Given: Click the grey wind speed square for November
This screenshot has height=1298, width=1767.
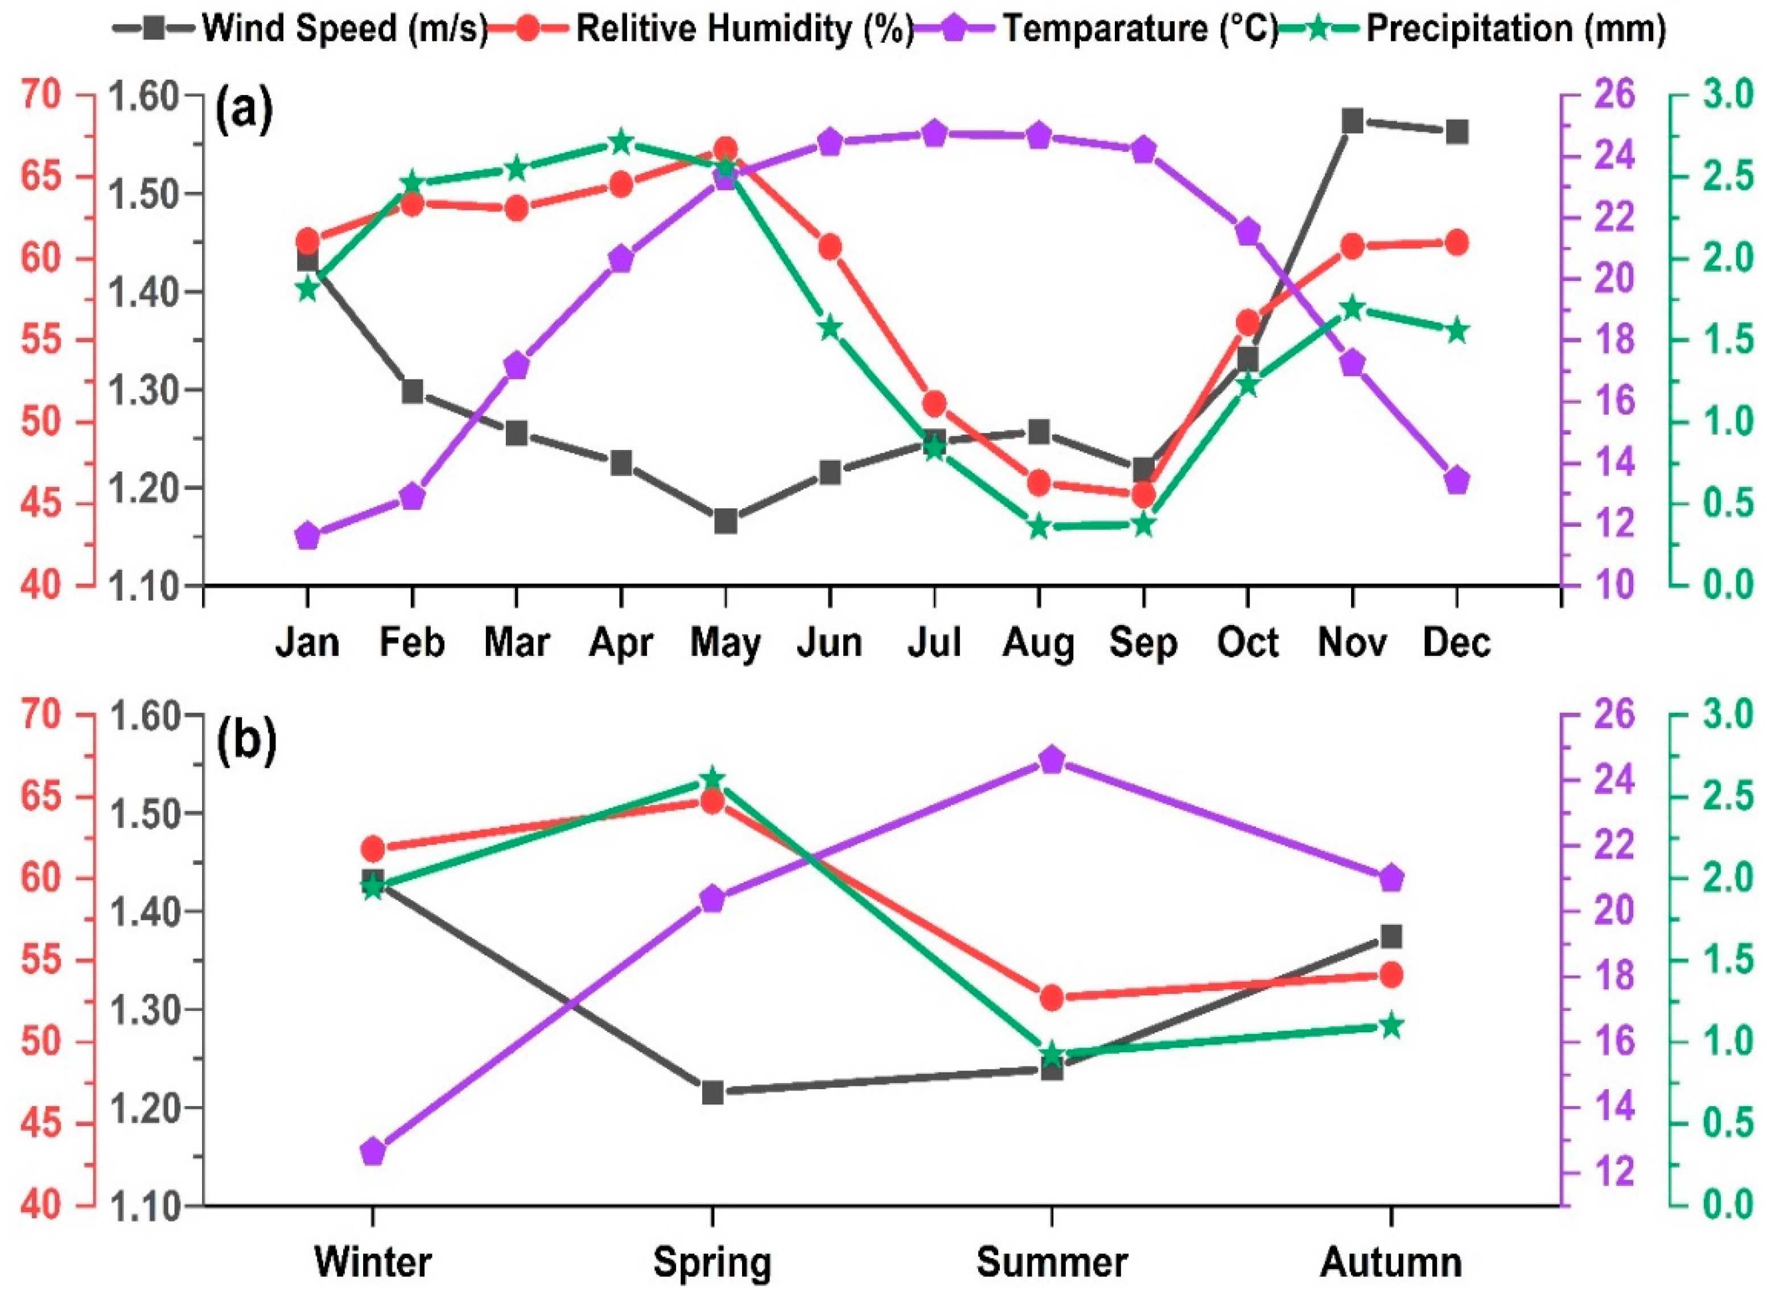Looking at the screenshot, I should coord(1352,121).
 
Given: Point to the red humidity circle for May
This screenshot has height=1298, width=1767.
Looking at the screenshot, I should coord(726,149).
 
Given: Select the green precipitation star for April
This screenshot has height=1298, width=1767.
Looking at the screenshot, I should coord(621,143).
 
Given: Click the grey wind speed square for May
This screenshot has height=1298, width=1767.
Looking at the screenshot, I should coord(726,521).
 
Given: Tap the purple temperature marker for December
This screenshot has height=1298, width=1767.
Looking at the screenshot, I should coord(1456,480).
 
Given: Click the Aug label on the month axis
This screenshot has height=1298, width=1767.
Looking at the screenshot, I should coord(1039,643).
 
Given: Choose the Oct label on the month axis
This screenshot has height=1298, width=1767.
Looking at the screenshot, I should coord(1247,643).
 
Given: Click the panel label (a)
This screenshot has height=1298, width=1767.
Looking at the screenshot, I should coord(245,111).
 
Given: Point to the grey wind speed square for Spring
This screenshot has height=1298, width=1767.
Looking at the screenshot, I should coord(712,1093).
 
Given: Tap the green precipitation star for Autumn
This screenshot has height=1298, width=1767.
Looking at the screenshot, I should coord(1391,1026).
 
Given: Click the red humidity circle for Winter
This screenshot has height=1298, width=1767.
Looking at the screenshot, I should coord(373,849).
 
